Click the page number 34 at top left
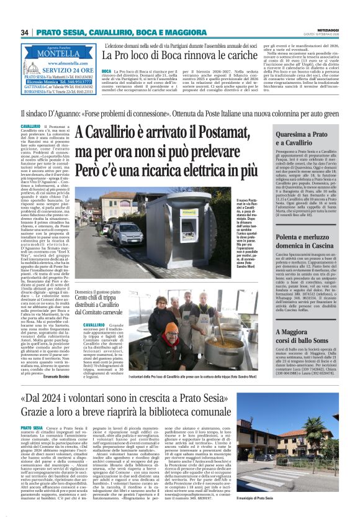(x=25, y=32)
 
